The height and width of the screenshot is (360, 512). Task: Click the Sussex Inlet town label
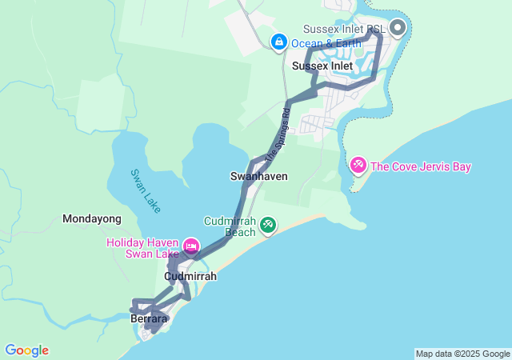pos(322,66)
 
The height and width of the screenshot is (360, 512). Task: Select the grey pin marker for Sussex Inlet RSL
pos(398,29)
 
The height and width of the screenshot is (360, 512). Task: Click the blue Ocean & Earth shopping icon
pos(278,41)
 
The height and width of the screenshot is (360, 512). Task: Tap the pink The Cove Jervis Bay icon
pos(358,166)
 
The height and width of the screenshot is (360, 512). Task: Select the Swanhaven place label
pos(258,175)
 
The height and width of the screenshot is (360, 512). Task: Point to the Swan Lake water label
pos(146,190)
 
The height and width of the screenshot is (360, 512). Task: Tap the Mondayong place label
pos(92,218)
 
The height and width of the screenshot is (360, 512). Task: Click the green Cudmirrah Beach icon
pos(268,226)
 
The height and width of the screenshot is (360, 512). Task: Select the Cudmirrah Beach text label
pos(230,226)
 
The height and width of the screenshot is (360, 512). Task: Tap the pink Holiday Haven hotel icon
pos(190,245)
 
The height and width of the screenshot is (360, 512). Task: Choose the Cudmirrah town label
pos(190,276)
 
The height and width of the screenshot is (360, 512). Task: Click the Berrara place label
pos(149,318)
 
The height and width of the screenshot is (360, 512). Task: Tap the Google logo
pos(26,350)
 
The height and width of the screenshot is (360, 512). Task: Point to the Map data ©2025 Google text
pos(462,354)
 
